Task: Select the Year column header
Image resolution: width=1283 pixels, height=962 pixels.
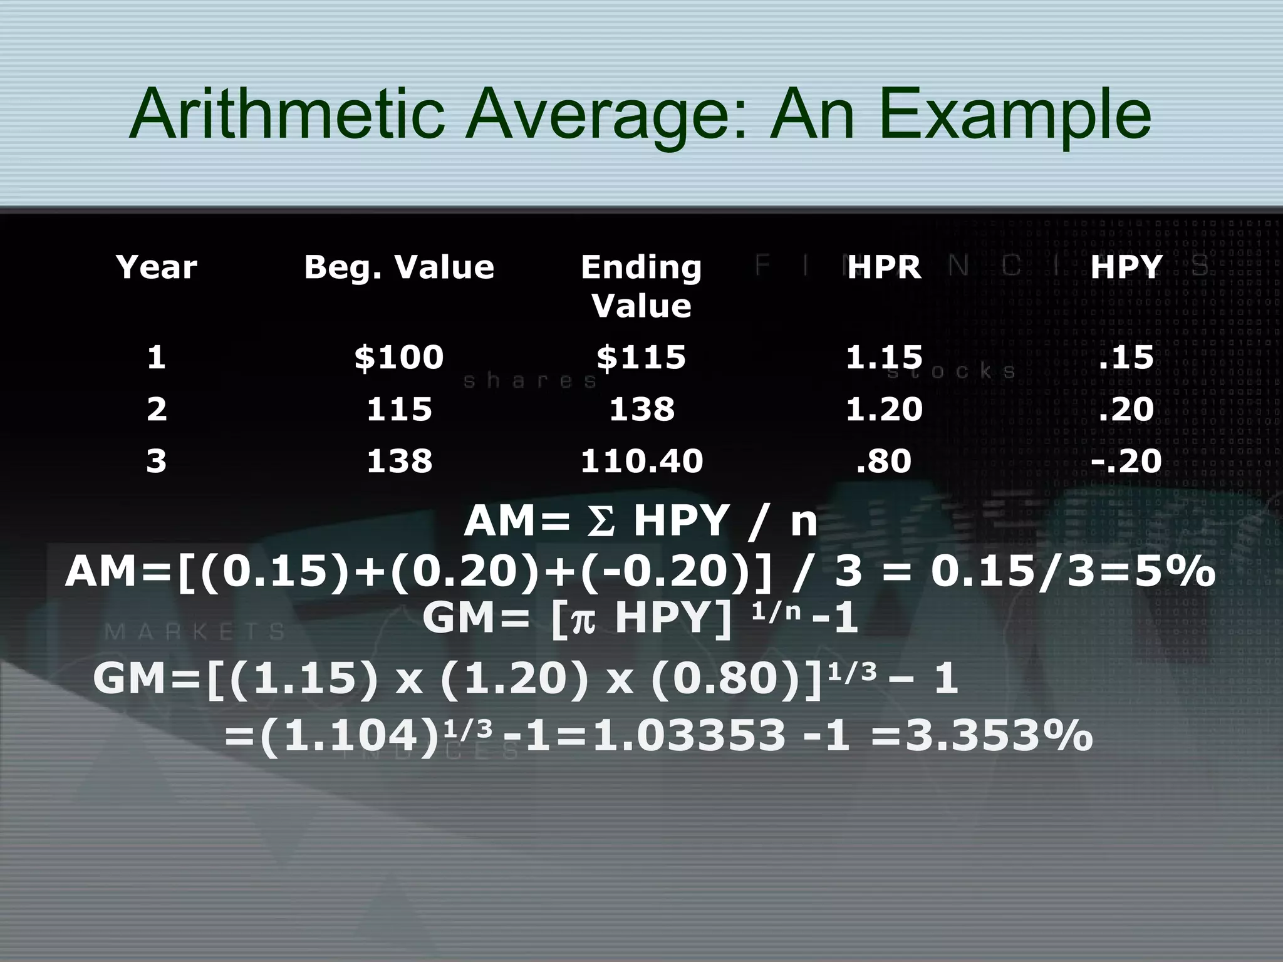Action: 157,267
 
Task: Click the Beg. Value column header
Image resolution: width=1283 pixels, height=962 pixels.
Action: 399,267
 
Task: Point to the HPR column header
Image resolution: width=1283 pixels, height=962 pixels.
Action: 884,267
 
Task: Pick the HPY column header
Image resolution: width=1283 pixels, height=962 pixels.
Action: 1126,267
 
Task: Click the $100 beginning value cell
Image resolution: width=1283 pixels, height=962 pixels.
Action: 399,358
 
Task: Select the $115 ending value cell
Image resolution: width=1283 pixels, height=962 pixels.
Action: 641,358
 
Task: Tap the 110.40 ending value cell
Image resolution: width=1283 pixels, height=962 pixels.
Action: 641,462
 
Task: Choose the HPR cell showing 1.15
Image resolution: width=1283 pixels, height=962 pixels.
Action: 884,358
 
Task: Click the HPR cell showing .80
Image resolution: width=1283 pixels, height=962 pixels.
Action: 884,462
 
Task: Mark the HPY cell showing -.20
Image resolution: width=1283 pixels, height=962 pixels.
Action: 1126,462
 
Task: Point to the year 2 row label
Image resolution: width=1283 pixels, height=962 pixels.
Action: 157,410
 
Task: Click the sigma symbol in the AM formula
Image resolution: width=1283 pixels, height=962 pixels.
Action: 601,521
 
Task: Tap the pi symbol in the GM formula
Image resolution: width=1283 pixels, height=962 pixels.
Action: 583,620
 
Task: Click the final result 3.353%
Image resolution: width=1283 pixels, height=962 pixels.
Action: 999,735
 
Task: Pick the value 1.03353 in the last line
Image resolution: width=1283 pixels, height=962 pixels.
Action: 689,735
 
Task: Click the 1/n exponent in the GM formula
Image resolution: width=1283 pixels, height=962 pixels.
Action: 776,611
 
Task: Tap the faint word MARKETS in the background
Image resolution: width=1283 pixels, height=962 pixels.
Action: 195,632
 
